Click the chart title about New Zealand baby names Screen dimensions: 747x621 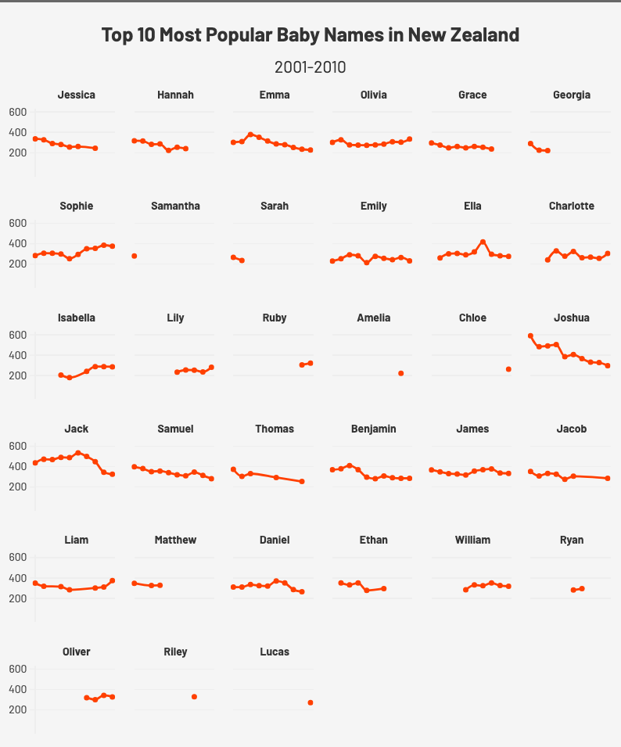click(310, 35)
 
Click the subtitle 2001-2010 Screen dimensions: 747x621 click(310, 67)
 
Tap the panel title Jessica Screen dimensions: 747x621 click(77, 95)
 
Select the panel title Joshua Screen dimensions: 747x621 click(571, 318)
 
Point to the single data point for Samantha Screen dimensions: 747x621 click(135, 256)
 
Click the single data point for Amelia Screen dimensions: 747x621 click(401, 374)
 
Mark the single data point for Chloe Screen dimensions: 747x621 click(508, 369)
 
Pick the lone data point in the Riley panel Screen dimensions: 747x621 click(194, 697)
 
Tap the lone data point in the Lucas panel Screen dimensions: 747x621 click(310, 702)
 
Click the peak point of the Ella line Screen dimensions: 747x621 click(483, 242)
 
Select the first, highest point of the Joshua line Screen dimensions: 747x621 click(530, 336)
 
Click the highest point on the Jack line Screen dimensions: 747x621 click(77, 453)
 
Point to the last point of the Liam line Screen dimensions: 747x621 click(113, 580)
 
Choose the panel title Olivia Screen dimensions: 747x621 click(373, 95)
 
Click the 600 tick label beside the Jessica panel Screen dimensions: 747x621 click(18, 112)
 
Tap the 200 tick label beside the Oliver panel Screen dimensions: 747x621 click(18, 709)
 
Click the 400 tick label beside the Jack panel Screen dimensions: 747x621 click(18, 466)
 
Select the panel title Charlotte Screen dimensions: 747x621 click(571, 206)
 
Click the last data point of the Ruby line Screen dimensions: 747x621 click(310, 363)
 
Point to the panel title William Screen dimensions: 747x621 click(472, 540)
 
